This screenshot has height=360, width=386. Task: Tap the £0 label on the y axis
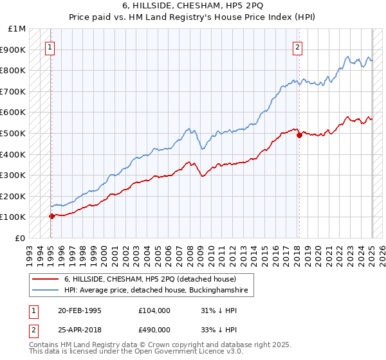21,238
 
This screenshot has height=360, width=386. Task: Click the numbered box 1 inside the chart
50,46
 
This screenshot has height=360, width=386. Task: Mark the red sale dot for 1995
51,216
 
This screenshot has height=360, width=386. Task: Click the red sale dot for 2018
299,135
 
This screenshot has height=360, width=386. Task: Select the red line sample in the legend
45,279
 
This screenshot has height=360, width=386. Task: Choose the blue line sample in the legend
45,291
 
